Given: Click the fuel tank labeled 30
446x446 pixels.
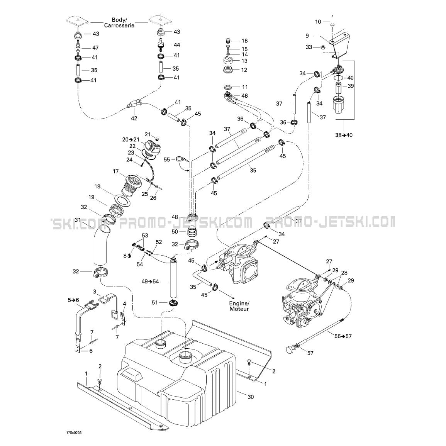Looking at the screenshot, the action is tap(176, 378).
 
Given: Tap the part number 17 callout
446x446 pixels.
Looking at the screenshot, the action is tap(115, 171).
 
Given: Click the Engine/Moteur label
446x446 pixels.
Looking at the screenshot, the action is tap(239, 306).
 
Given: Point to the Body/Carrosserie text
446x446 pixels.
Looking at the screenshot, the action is tap(119, 22).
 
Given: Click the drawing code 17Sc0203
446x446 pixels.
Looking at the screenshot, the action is tap(74, 433).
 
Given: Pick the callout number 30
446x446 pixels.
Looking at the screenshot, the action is tap(250, 397).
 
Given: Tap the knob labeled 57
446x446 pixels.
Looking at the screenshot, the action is tap(291, 348).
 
